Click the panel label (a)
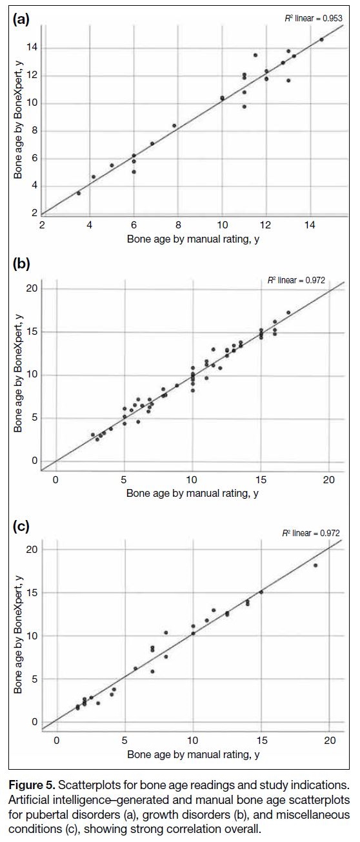(x=21, y=19)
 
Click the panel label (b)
(x=21, y=263)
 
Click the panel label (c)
(x=21, y=526)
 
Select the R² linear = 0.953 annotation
(x=314, y=18)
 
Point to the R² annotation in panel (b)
(x=296, y=280)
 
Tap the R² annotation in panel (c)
(x=311, y=533)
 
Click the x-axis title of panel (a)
(x=193, y=239)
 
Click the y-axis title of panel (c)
(x=17, y=634)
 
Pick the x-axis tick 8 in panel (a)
(x=178, y=225)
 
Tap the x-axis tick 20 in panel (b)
(x=329, y=479)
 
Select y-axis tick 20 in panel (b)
(x=32, y=288)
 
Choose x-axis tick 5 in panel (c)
(x=125, y=741)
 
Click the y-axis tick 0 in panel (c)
(x=35, y=722)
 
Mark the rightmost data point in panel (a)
(x=321, y=39)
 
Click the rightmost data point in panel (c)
(x=315, y=565)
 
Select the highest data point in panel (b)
(x=288, y=312)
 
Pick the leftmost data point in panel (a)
(x=79, y=193)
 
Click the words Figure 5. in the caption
(x=32, y=785)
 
